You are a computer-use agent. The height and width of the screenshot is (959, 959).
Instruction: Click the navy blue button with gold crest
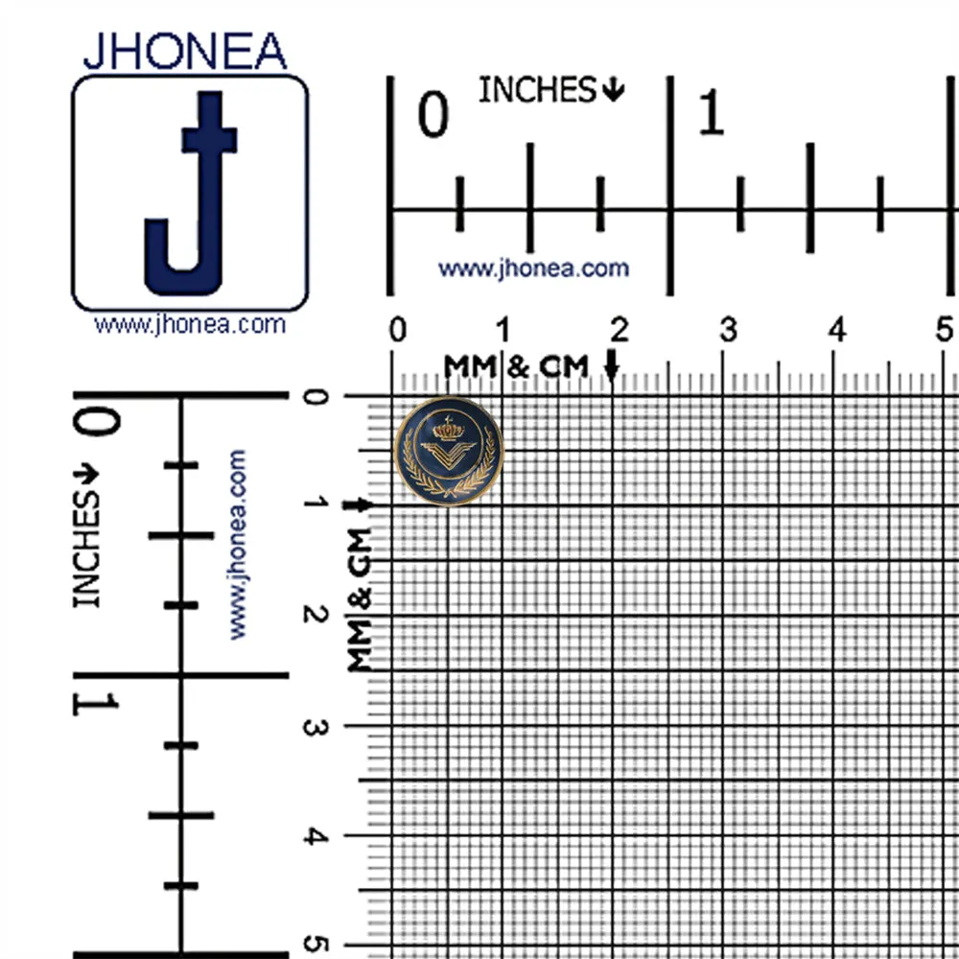(x=449, y=451)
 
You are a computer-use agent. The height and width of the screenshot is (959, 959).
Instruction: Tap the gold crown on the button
(x=449, y=430)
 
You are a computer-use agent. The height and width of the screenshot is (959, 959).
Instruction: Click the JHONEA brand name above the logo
(x=185, y=51)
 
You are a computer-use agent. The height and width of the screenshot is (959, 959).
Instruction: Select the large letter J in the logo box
(x=191, y=194)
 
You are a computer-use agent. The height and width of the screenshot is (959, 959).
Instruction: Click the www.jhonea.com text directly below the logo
(x=190, y=324)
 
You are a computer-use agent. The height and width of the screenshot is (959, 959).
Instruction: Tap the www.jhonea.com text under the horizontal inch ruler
(x=533, y=269)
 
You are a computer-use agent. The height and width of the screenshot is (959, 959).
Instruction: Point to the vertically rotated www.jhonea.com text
(x=237, y=545)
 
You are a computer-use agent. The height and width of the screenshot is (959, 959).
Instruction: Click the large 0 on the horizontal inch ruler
(x=433, y=114)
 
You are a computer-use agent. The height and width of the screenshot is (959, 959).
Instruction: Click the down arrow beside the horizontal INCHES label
(x=613, y=90)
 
